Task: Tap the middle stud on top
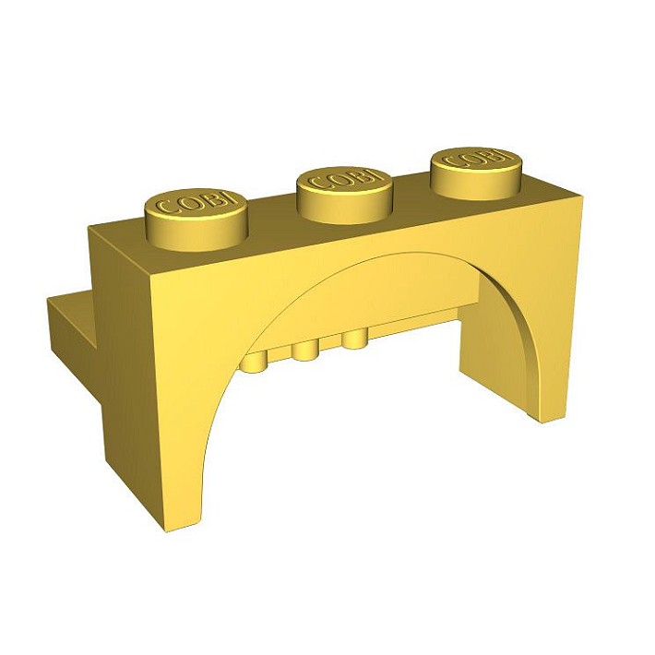pyautogui.click(x=344, y=195)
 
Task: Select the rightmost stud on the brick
pyautogui.click(x=476, y=173)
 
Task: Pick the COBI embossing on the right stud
pyautogui.click(x=475, y=159)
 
